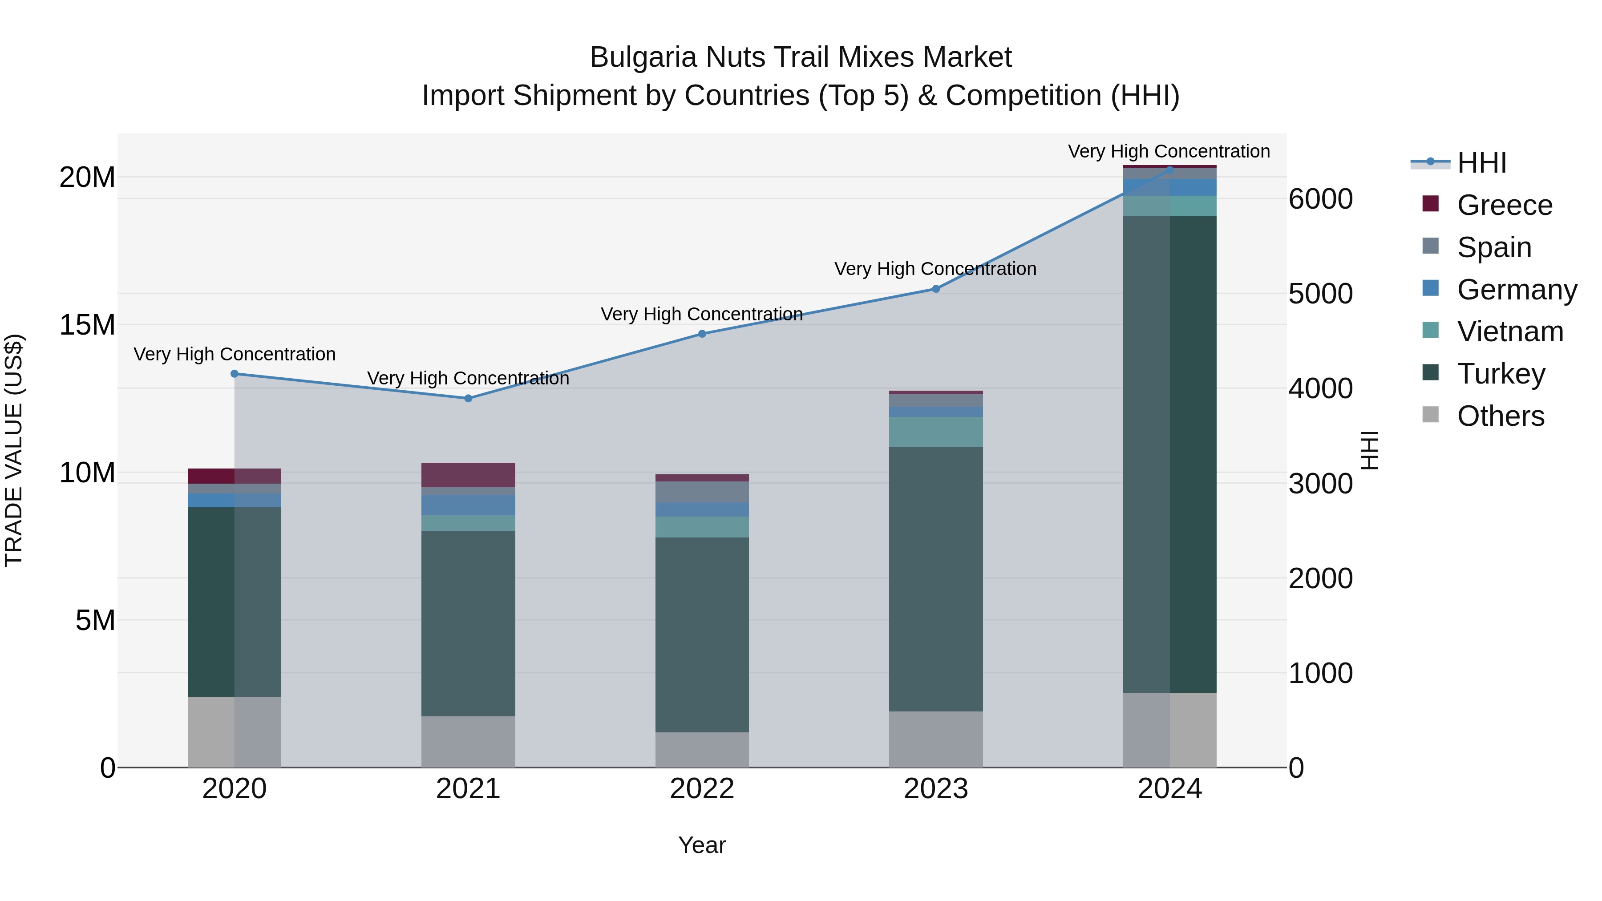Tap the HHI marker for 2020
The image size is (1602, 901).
coord(235,374)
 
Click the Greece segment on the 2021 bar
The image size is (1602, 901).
coord(468,475)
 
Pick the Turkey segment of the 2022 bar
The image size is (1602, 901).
coord(702,634)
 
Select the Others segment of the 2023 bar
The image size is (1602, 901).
coord(936,739)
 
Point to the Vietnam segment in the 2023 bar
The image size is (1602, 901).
coord(936,432)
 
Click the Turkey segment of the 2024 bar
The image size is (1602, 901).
coord(1170,454)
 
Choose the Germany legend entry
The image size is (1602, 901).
coord(1516,290)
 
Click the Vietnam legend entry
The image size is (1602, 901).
coord(1509,332)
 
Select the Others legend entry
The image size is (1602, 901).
coord(1500,416)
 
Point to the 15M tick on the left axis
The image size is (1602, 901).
coord(87,325)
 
